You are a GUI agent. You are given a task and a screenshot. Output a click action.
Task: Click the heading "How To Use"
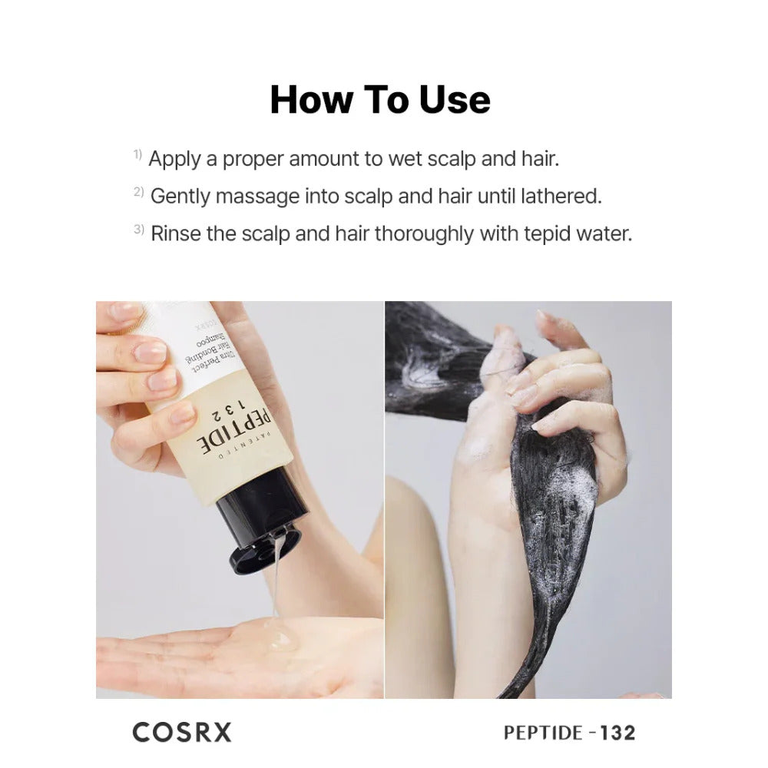coord(380,100)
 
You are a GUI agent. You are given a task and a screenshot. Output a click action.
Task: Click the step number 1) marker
coord(137,155)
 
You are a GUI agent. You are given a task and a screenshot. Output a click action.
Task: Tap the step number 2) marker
coord(139,192)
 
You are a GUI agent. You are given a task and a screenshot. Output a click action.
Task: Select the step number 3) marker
coord(139,230)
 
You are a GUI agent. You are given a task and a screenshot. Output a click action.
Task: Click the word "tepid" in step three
coord(543,233)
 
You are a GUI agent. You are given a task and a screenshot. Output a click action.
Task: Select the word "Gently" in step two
coord(180,197)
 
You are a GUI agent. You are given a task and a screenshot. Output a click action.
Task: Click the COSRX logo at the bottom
coord(182,732)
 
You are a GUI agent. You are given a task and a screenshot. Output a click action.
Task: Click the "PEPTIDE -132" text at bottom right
coord(569,733)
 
